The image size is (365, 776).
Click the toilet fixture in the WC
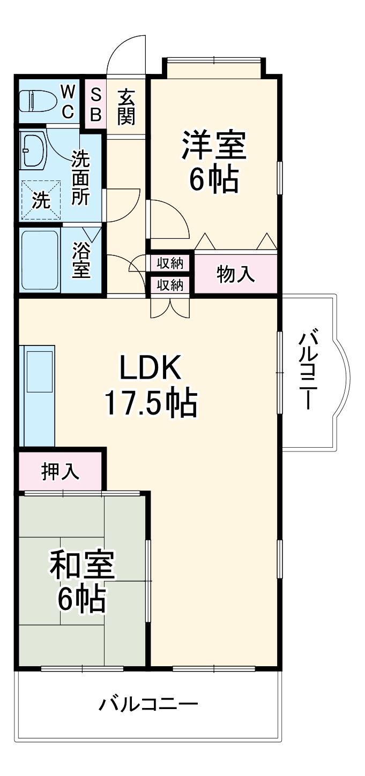pos(38,100)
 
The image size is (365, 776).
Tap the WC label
pos(68,101)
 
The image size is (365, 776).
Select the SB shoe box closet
pos(95,104)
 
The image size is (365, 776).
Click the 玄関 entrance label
pos(126,105)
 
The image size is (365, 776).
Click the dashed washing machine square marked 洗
pos(41,200)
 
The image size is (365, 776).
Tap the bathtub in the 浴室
pos(40,260)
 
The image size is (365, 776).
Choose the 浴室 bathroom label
pos(81,260)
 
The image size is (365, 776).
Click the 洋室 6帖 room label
pos(213,161)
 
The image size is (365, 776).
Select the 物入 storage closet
pos(235,274)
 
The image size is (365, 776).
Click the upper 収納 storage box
pos(170,263)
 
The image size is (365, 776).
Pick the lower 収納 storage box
pos(170,285)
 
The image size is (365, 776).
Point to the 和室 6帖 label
pos(81,583)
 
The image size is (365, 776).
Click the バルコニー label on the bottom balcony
pos(148,703)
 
